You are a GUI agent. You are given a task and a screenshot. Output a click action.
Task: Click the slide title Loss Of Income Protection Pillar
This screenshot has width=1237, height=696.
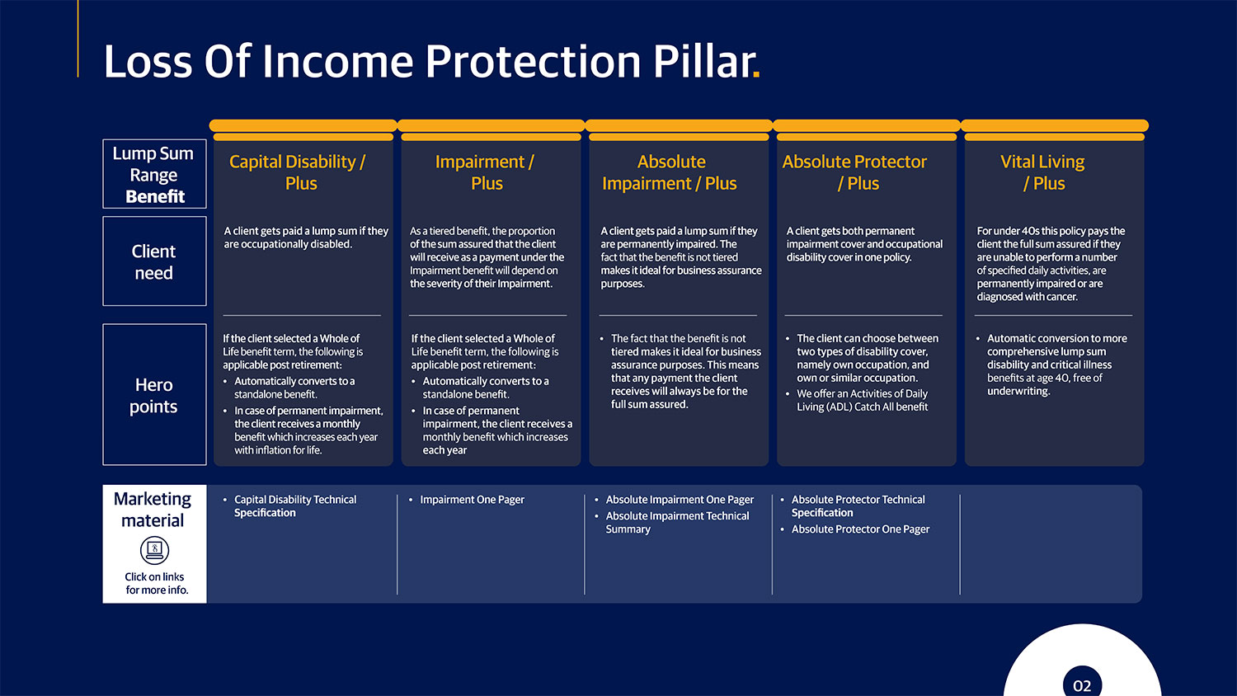429,62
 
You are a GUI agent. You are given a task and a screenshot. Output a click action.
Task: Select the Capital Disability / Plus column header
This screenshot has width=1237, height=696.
298,172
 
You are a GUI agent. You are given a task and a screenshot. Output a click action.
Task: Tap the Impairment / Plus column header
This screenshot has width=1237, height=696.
485,172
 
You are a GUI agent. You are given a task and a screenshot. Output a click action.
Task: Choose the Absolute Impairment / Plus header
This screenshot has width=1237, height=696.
670,172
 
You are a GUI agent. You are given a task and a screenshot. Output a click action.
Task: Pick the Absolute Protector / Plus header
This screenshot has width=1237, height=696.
855,172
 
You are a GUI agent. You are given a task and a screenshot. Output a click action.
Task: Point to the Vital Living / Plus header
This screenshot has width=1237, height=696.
1042,172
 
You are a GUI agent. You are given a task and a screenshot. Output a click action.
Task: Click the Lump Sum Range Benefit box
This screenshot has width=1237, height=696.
154,174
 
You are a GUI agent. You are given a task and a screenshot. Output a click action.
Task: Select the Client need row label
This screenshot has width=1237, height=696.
154,261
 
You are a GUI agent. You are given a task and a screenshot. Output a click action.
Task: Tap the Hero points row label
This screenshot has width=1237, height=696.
154,395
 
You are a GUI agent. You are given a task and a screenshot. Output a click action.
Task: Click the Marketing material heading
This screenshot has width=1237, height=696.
153,510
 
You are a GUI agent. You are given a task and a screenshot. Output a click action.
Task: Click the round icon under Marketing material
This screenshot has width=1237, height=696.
154,550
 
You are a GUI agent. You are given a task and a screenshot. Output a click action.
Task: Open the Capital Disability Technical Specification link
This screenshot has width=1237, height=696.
294,506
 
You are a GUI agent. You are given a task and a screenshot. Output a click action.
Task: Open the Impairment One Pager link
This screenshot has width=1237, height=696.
472,500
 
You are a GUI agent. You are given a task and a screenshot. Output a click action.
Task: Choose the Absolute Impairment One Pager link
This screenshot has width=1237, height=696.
680,500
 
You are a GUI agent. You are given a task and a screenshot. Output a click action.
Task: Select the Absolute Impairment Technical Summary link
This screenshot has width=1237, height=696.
677,522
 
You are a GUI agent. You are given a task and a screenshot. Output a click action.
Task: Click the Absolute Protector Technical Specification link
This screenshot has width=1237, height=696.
858,506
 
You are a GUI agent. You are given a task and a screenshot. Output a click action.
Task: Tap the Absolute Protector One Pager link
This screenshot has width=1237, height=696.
860,529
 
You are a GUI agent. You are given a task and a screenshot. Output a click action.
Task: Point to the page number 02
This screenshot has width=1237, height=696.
1082,685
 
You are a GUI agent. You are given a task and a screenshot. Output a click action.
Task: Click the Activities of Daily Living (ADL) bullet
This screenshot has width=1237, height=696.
862,400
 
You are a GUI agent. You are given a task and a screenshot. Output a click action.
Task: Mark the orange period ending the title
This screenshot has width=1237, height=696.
756,77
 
